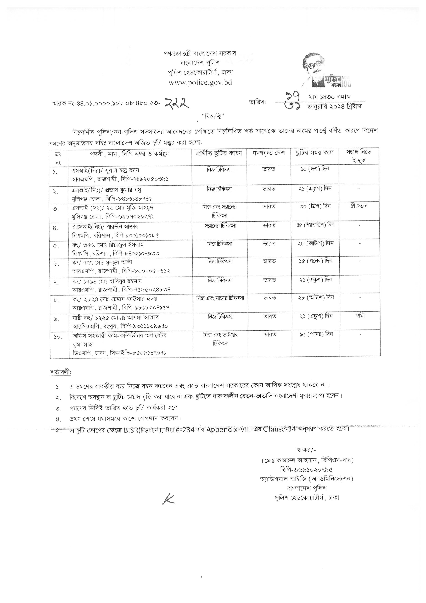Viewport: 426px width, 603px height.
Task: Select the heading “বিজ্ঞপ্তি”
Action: (213, 116)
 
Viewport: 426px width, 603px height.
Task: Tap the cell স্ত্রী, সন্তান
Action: (359, 206)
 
